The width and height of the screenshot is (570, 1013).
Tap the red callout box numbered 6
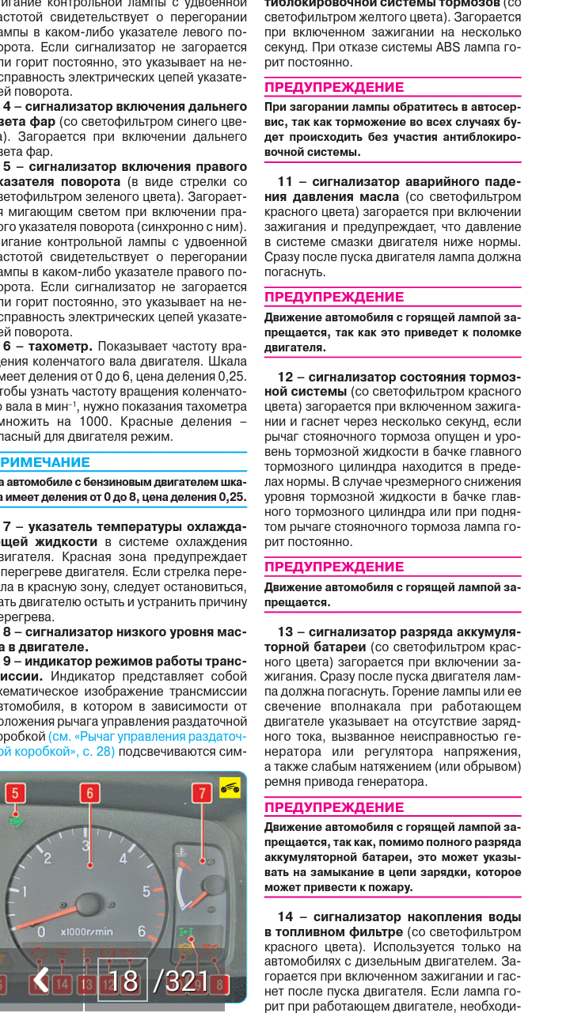pos(90,793)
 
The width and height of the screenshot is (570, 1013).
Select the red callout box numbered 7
pos(203,793)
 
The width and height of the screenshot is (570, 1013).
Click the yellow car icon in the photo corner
pos(230,787)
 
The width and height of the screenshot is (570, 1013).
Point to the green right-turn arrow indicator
pos(15,820)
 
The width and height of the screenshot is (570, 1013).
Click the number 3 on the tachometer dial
pos(85,845)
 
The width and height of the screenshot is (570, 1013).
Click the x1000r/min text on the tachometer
pos(86,931)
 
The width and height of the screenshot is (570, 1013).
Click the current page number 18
pos(123,981)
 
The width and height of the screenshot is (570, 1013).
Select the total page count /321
pos(181,981)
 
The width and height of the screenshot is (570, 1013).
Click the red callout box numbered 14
pos(63,985)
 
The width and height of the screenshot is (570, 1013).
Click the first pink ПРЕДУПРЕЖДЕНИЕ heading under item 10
pos(333,87)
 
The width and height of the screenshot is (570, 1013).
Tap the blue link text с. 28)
pos(97,751)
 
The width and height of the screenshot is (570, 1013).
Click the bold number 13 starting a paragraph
pos(285,632)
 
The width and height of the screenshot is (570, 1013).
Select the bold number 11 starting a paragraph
pos(286,181)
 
